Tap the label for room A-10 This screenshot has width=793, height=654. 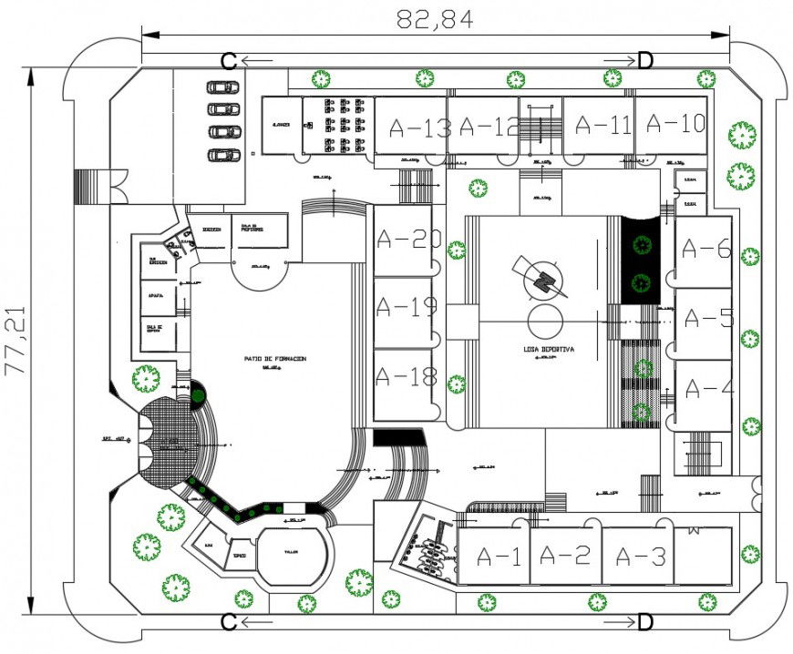675,123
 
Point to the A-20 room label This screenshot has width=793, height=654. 407,240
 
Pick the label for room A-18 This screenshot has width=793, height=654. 407,375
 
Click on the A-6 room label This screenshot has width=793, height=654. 706,249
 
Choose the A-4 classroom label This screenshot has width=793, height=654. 708,388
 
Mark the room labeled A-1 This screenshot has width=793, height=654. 499,557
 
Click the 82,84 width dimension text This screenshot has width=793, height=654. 435,19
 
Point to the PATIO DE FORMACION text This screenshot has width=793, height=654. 274,359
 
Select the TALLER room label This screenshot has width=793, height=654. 290,552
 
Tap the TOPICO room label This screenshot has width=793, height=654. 239,554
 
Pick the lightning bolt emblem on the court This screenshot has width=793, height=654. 544,278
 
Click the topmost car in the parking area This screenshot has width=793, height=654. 222,87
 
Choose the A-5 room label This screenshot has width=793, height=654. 708,319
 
